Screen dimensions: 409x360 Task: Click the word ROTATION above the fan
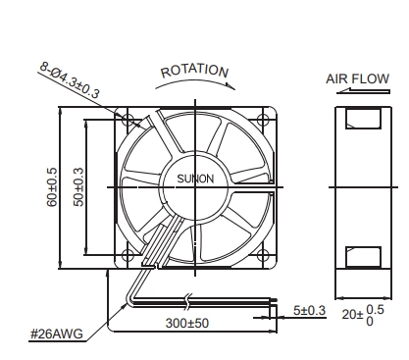coord(194,71)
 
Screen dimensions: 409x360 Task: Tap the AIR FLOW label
coord(357,79)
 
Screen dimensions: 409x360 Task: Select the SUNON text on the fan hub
coord(195,179)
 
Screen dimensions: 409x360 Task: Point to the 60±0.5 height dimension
coord(52,187)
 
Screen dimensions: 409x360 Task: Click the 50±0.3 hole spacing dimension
coord(78,187)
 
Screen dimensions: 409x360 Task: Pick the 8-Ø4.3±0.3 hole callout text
coord(70,80)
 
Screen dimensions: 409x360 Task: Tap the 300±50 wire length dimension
coord(187,323)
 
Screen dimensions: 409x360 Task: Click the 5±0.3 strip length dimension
coord(309,310)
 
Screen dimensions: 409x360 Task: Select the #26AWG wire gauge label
coord(57,334)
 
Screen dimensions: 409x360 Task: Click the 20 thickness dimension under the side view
coord(363,315)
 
